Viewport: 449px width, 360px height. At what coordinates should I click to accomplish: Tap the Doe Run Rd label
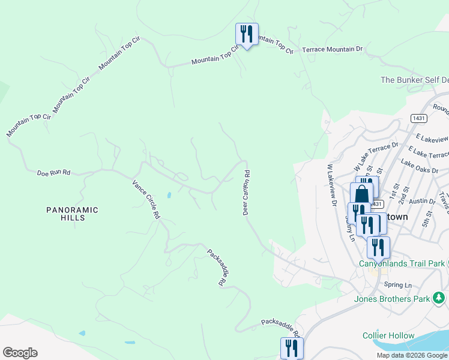click(x=54, y=173)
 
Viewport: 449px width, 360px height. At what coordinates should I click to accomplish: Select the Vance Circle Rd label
click(x=146, y=198)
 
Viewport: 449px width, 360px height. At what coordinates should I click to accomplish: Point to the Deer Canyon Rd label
click(x=246, y=192)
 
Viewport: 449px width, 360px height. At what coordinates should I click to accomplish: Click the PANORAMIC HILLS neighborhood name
click(x=73, y=215)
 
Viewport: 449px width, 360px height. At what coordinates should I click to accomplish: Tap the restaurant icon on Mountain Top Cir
click(x=247, y=35)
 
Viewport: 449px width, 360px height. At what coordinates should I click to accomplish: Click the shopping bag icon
click(x=362, y=194)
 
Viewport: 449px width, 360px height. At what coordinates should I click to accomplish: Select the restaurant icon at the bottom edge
click(x=292, y=348)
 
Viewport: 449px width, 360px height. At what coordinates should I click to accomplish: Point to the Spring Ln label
click(x=399, y=285)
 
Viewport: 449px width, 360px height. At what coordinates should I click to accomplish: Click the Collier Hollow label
click(x=388, y=336)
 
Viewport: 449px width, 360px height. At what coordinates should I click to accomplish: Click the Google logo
click(x=20, y=353)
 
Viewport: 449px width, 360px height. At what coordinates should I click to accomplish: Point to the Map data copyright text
click(x=412, y=355)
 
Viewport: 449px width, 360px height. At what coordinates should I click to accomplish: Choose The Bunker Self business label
click(x=414, y=80)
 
